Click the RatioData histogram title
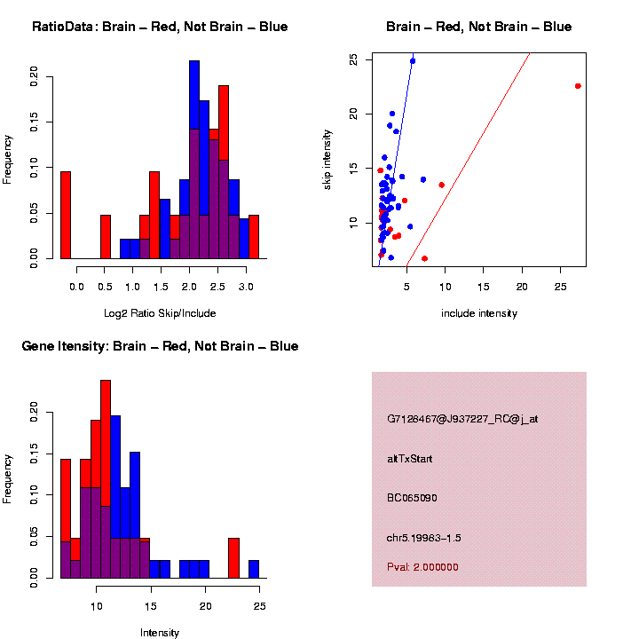click(x=160, y=27)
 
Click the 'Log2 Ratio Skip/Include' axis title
click(x=160, y=313)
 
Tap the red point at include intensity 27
click(x=578, y=86)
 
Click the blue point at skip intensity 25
click(x=413, y=61)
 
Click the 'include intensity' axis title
click(x=478, y=313)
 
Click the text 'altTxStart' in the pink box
click(x=410, y=459)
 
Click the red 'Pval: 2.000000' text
click(x=422, y=567)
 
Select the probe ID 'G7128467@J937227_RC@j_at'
click(x=461, y=419)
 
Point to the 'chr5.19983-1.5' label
click(x=423, y=538)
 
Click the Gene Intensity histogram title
click(x=160, y=346)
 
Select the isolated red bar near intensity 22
click(x=233, y=558)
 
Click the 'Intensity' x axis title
click(x=160, y=633)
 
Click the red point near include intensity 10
click(x=442, y=185)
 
